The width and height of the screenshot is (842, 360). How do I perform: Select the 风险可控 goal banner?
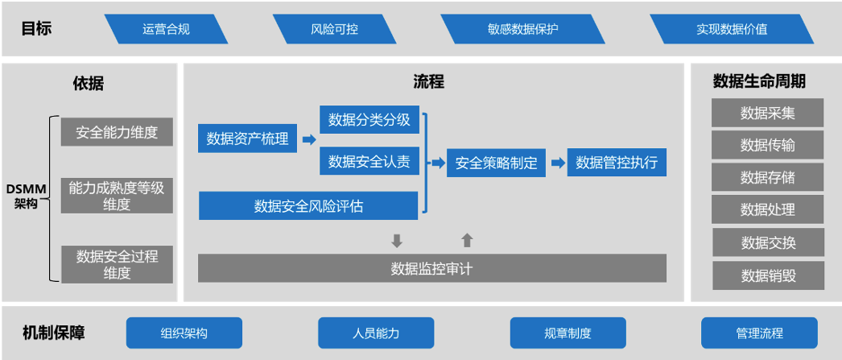click(x=334, y=29)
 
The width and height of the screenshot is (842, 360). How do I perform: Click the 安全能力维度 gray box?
click(x=117, y=132)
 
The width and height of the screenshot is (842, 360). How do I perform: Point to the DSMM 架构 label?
click(x=26, y=197)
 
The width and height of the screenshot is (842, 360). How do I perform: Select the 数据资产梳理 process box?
click(x=247, y=139)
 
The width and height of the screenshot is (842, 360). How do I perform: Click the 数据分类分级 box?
click(x=369, y=121)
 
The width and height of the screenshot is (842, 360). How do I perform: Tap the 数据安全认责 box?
click(x=369, y=162)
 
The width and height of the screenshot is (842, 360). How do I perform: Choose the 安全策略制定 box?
click(x=496, y=163)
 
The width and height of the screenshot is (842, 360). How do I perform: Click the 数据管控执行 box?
click(x=617, y=163)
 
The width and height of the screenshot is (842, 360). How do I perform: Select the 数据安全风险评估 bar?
click(x=308, y=206)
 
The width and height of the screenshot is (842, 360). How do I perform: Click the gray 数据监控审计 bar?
click(x=431, y=268)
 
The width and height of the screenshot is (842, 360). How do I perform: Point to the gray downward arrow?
click(x=396, y=240)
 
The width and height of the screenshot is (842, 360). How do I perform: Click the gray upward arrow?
click(x=467, y=239)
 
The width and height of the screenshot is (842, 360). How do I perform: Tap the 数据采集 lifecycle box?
click(x=767, y=113)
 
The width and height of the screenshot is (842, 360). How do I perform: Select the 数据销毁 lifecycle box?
click(x=767, y=275)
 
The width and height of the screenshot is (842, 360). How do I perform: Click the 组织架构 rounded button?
click(x=184, y=333)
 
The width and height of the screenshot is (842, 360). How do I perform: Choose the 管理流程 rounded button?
click(x=758, y=333)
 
